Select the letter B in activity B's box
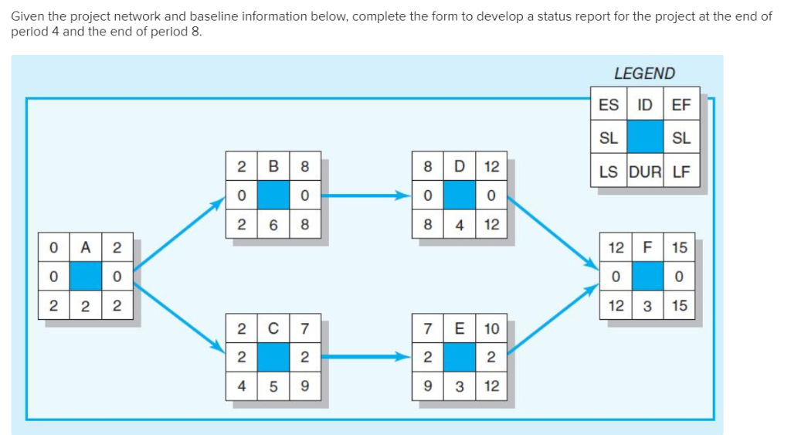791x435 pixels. [x=273, y=166]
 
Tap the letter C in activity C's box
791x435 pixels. [x=273, y=328]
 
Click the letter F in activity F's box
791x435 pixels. [x=648, y=247]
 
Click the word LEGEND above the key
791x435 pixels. [x=644, y=73]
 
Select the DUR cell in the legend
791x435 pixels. [x=645, y=172]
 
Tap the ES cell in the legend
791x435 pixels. [x=609, y=105]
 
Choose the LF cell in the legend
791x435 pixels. [x=681, y=172]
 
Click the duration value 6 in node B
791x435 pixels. [x=273, y=225]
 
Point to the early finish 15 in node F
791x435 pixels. [x=679, y=247]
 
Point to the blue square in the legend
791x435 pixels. [x=645, y=138]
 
